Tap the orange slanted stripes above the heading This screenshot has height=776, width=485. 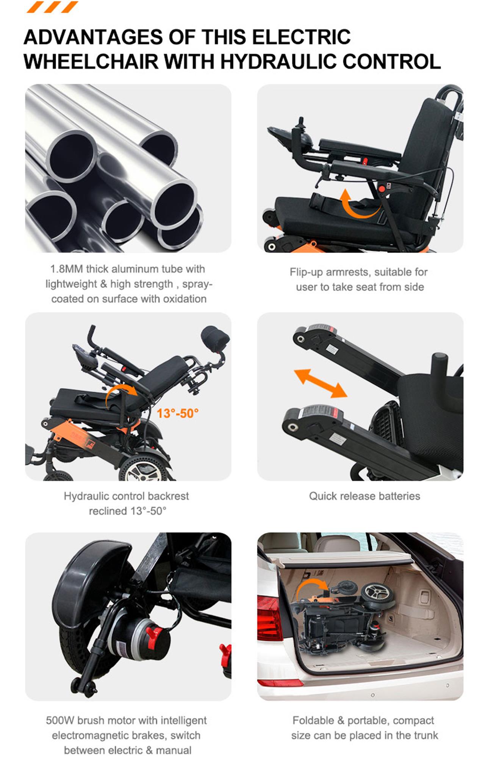[x=52, y=7]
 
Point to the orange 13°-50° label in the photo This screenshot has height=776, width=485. [x=177, y=413]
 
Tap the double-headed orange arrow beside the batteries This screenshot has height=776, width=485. [x=321, y=383]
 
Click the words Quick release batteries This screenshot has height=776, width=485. [x=364, y=496]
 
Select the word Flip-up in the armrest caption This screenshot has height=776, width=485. [x=306, y=272]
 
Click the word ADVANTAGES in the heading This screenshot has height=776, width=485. [x=93, y=37]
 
